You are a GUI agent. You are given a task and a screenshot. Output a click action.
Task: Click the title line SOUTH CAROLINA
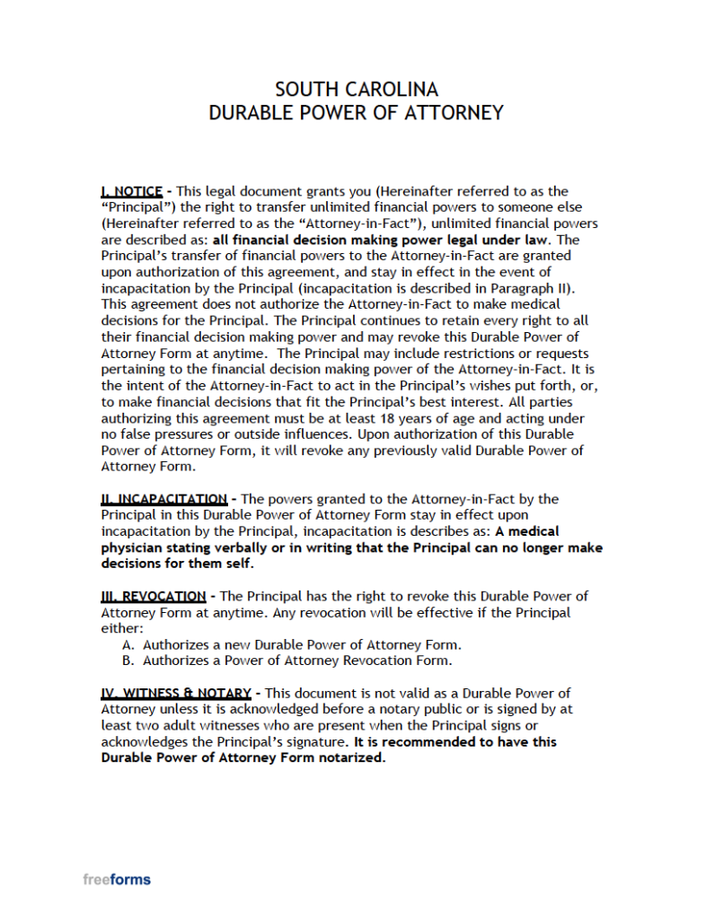point(357,90)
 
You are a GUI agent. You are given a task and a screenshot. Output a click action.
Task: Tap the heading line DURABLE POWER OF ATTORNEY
point(357,113)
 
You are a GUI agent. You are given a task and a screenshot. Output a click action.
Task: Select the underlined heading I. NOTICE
point(132,191)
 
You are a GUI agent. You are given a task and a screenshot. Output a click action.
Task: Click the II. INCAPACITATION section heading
point(163,499)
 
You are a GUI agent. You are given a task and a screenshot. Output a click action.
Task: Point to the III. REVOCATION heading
point(153,596)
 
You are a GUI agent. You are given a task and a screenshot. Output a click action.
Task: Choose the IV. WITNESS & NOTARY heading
point(176,694)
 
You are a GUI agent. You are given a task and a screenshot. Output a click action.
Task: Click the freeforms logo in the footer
point(117,880)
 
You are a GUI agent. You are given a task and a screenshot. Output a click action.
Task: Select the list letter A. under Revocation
point(128,644)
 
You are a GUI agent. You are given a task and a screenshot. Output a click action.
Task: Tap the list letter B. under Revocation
point(128,661)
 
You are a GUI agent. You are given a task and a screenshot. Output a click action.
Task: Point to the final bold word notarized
point(355,758)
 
